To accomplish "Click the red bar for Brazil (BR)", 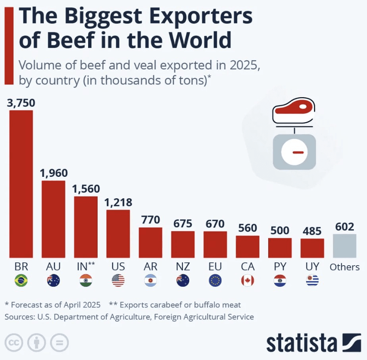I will [21, 184].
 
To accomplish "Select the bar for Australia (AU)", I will [53, 219].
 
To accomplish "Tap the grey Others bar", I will [344, 246].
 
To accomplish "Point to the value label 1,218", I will [118, 202].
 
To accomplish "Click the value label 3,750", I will [21, 103].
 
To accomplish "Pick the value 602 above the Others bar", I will [344, 227].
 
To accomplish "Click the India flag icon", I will [86, 281].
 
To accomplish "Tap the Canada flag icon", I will [248, 281].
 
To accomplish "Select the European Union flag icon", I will [215, 281].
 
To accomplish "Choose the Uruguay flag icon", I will [312, 281].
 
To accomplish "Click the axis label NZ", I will [183, 266].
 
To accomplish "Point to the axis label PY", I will [280, 266].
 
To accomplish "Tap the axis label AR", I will [150, 266].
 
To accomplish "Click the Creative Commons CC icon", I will [14, 342].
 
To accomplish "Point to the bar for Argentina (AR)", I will [150, 242].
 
